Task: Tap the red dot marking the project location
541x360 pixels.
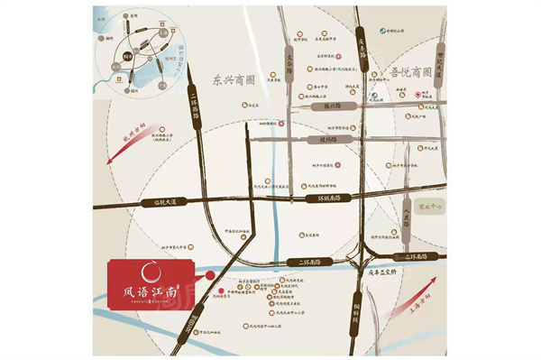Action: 211,272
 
